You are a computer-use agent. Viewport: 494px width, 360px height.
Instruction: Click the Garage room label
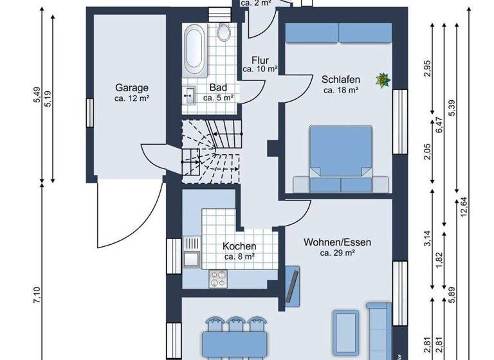tap(132, 88)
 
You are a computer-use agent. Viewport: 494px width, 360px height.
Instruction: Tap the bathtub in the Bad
tap(194, 49)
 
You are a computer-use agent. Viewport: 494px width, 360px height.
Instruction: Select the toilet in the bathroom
tap(224, 33)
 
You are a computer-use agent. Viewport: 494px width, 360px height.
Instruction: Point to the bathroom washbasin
tap(189, 96)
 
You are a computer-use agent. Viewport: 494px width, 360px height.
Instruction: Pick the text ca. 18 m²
tap(340, 91)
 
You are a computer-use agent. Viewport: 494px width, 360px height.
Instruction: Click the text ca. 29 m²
tap(338, 253)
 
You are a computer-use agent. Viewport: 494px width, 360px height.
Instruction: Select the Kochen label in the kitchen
tap(239, 246)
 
